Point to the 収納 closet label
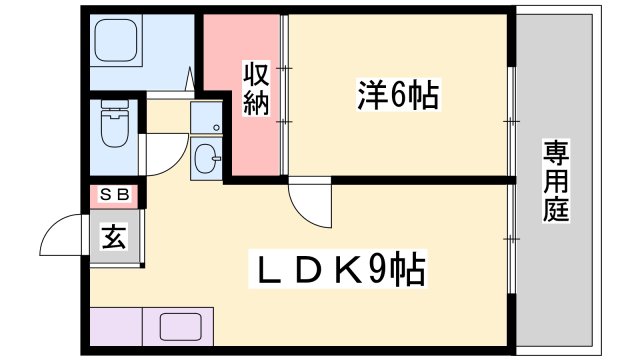tap(255, 88)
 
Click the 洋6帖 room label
tap(398, 95)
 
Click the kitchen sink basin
tap(181, 325)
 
